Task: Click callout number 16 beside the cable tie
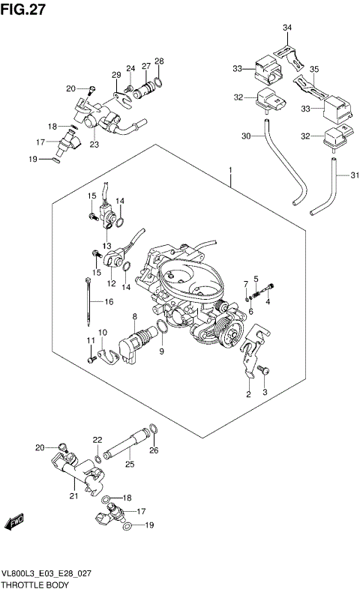click(109, 302)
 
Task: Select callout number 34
click(286, 28)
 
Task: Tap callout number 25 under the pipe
click(129, 465)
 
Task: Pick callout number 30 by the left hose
click(245, 136)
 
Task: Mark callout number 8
click(134, 318)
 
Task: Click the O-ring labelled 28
click(158, 82)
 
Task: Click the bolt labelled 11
click(91, 360)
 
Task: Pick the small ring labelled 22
click(98, 459)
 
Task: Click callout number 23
click(94, 145)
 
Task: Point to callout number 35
click(315, 72)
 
